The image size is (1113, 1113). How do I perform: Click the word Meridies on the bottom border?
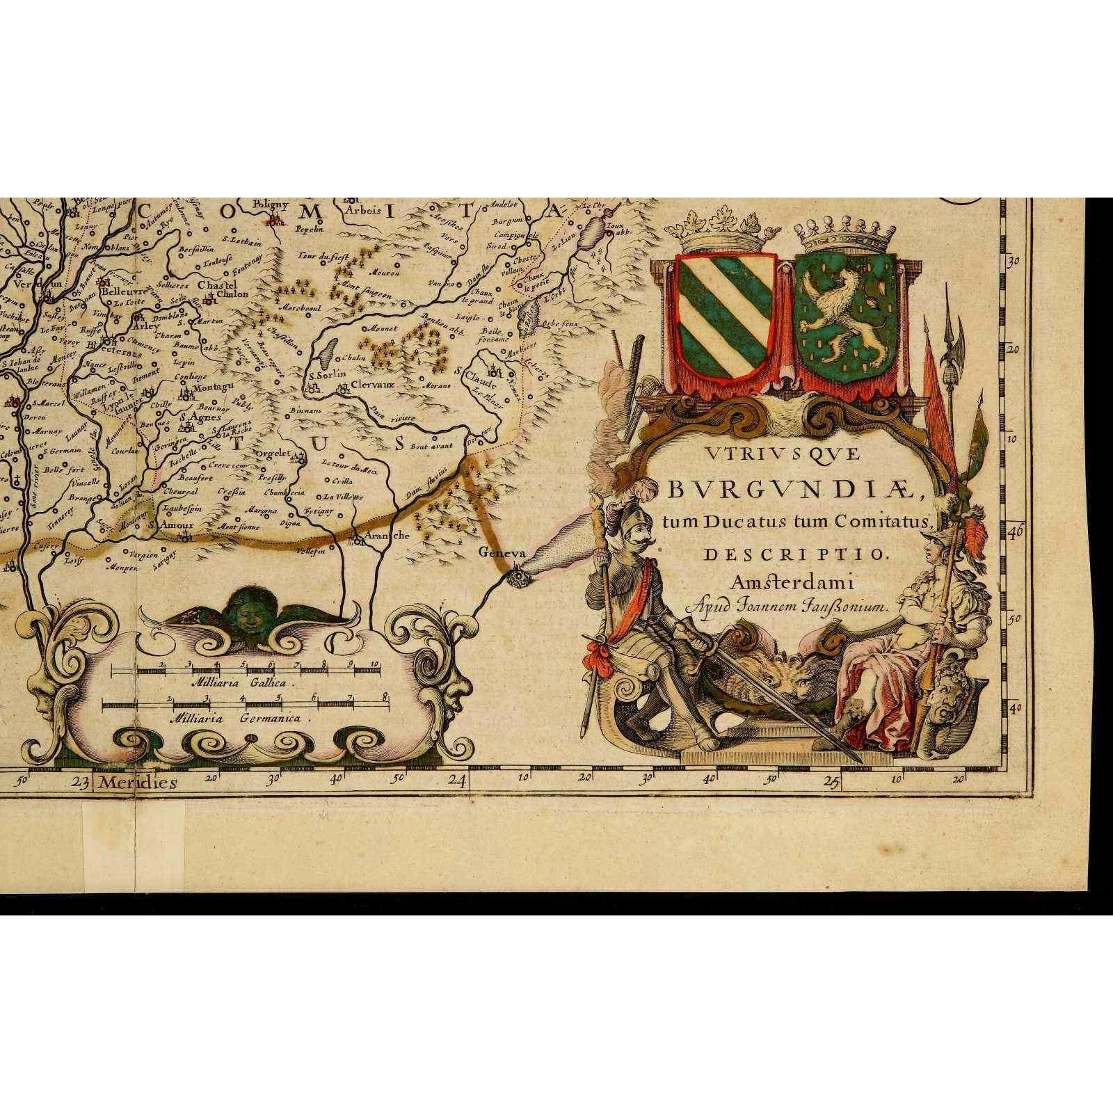tap(137, 782)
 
